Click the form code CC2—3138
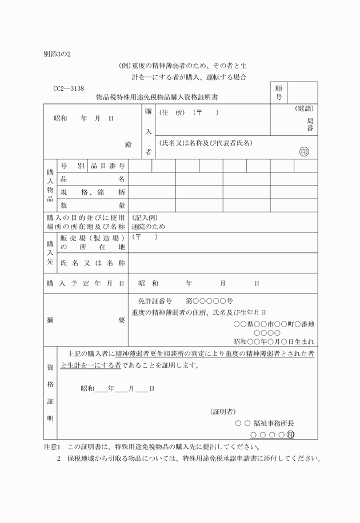coord(69,88)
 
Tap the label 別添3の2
coord(57,55)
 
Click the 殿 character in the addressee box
coord(129,144)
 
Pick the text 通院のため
coord(147,227)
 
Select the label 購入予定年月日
coord(86,283)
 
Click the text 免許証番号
coord(155,301)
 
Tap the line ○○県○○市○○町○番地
coord(274,324)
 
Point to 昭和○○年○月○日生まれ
coord(274,341)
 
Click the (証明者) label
coord(223,411)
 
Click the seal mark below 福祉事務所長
coord(290,435)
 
